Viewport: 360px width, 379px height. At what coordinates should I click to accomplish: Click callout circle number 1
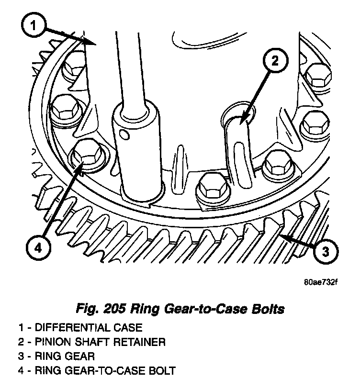33,26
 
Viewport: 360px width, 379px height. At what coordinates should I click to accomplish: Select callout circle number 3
325,251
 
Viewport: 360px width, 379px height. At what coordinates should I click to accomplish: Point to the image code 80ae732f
321,281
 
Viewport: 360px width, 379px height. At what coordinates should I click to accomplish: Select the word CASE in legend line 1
129,328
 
